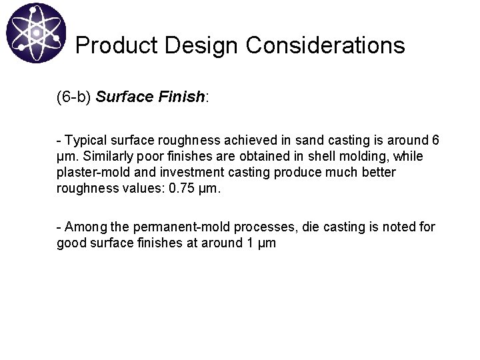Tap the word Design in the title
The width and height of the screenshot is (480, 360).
(198, 45)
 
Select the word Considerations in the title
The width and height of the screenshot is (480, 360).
(325, 45)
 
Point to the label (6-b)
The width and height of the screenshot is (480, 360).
(73, 97)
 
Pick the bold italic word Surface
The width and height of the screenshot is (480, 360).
(124, 97)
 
